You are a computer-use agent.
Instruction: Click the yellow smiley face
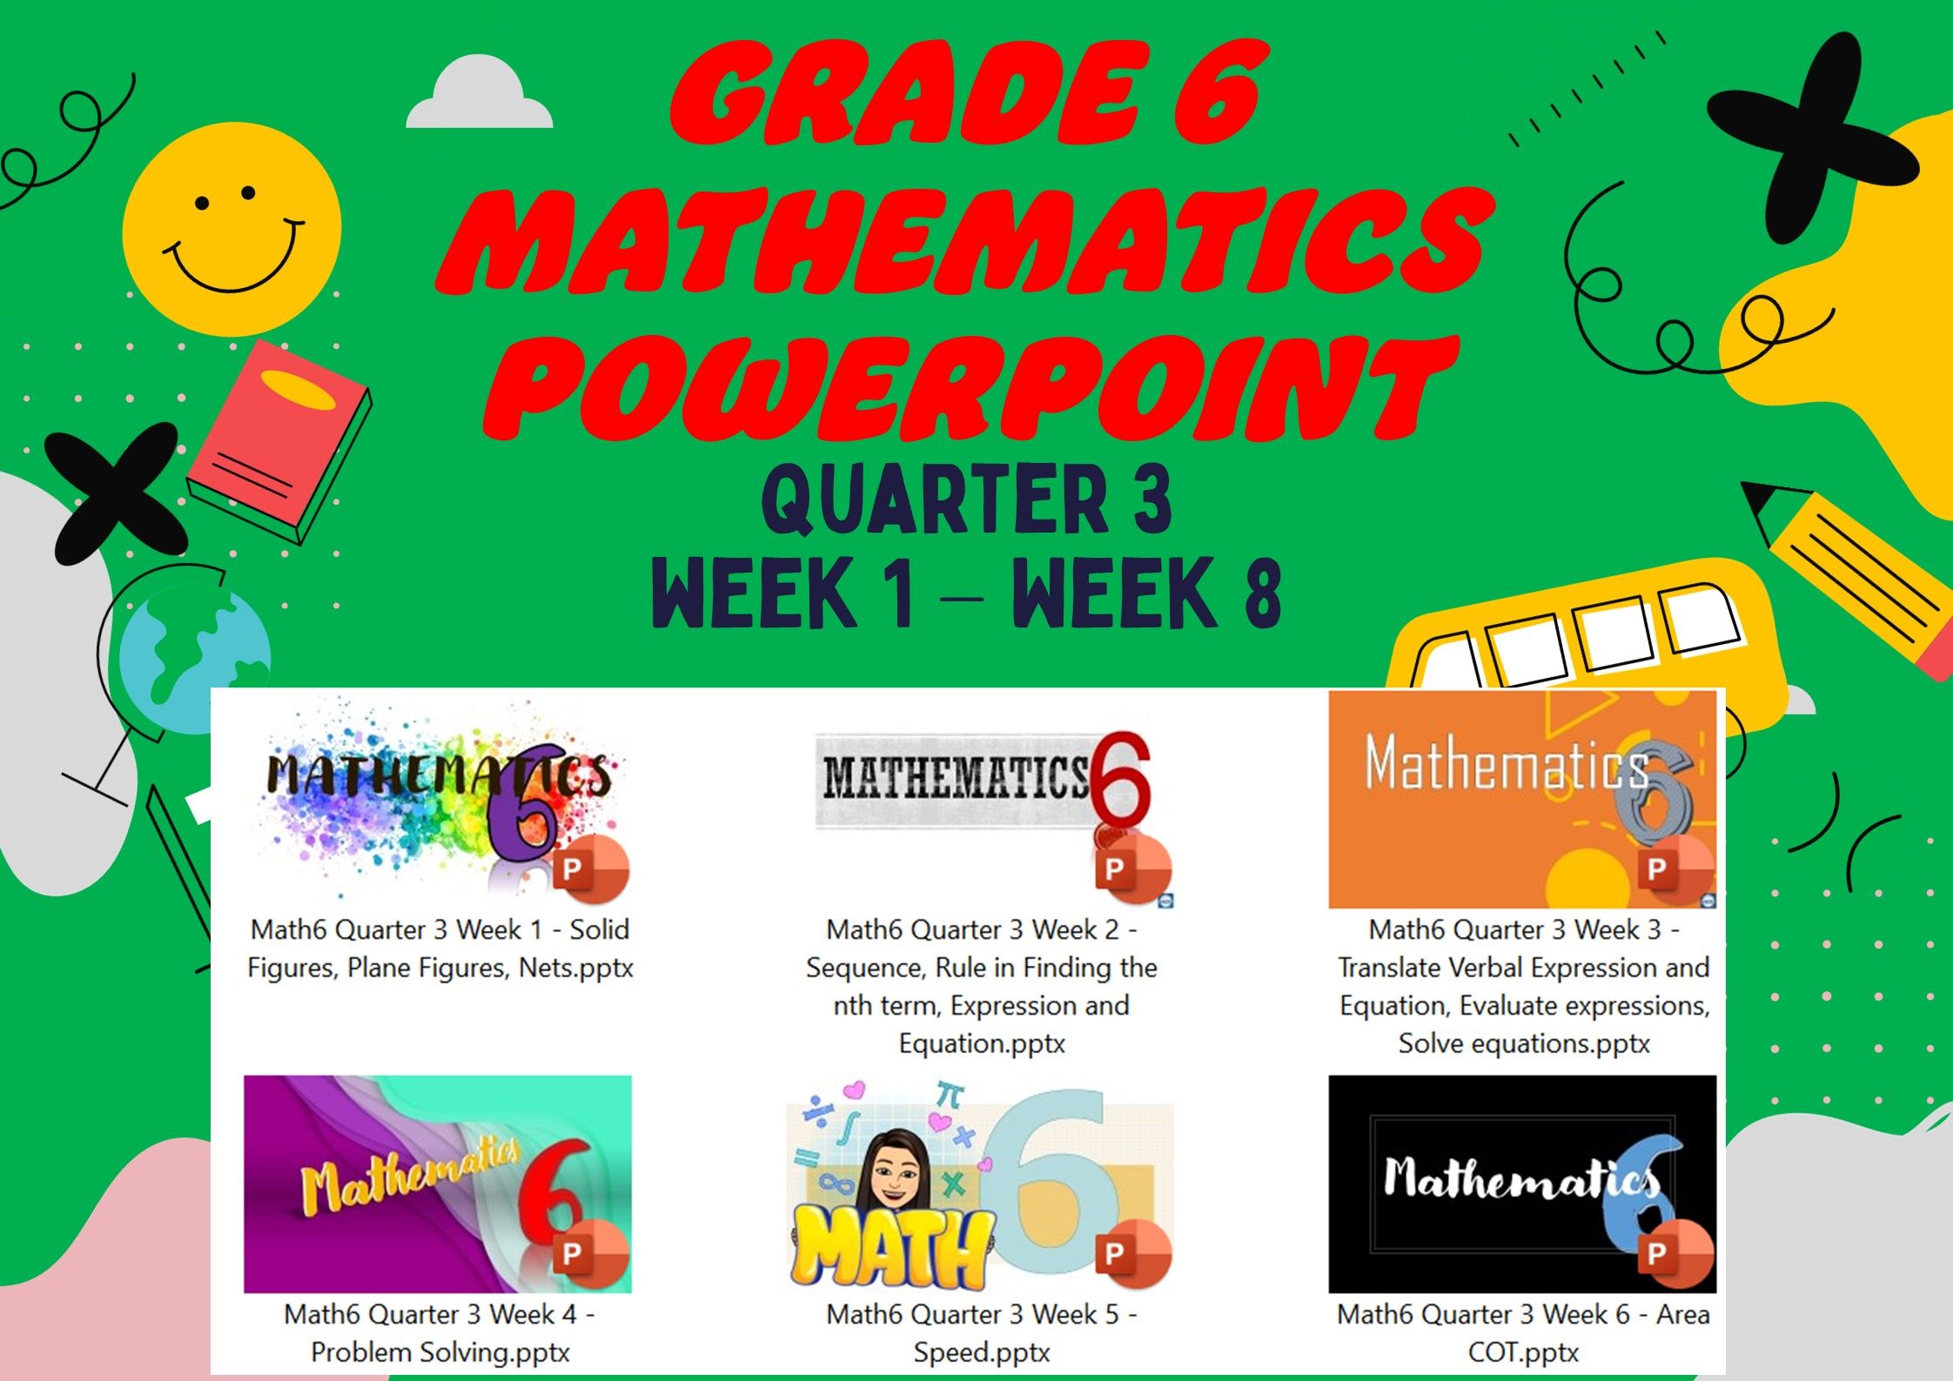pos(232,230)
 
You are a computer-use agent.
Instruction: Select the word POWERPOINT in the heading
pos(970,385)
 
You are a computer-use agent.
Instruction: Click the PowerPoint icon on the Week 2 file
pos(1131,868)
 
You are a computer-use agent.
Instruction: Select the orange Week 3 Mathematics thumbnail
pos(1522,800)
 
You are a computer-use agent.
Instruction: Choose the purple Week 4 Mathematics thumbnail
pos(438,1184)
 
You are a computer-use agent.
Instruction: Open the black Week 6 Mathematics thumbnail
pos(1522,1184)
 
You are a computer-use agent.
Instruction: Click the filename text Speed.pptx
pos(982,1352)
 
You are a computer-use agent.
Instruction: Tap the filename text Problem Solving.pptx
pos(440,1352)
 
